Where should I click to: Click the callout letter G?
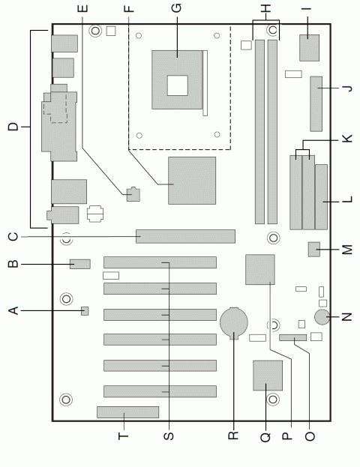[x=176, y=9]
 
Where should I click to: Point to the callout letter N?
[x=346, y=317]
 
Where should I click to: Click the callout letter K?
[x=346, y=140]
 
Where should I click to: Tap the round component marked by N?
[x=324, y=318]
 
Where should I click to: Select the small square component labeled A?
[x=85, y=310]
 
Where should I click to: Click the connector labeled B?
[x=80, y=264]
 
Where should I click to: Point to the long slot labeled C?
[x=185, y=237]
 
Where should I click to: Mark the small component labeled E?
[x=133, y=194]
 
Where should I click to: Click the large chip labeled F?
[x=192, y=181]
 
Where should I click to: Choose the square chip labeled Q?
[x=267, y=376]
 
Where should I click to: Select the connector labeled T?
[x=127, y=412]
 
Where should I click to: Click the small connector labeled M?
[x=314, y=249]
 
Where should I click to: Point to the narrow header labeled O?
[x=293, y=340]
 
